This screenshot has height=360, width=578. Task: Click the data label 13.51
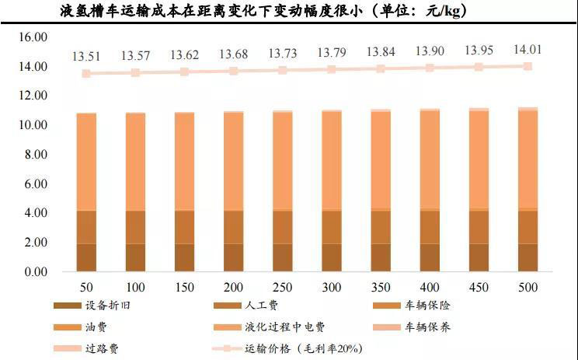point(87,56)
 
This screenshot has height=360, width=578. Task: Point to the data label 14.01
point(528,51)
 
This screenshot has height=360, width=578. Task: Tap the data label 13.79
point(332,54)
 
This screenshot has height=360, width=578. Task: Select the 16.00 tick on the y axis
point(33,37)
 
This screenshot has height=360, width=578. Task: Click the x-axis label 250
point(284,288)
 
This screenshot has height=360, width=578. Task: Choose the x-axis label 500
point(528,288)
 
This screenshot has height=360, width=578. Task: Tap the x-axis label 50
point(87,288)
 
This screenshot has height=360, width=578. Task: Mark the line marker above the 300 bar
point(332,69)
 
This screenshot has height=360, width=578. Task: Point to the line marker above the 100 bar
point(136,72)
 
